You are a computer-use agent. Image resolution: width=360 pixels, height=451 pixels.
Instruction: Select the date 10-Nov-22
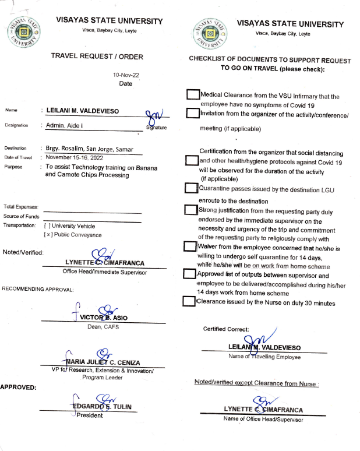pyautogui.click(x=125, y=75)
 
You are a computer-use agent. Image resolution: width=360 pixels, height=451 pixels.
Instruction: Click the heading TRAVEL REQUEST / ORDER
pyautogui.click(x=97, y=57)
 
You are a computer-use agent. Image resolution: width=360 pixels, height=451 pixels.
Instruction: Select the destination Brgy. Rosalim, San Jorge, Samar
pyautogui.click(x=94, y=149)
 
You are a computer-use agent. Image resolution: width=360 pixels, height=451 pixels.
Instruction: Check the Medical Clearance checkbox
pyautogui.click(x=192, y=95)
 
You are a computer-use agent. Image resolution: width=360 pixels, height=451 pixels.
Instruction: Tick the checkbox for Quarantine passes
pyautogui.click(x=190, y=188)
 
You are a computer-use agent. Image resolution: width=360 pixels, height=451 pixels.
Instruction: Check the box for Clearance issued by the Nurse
pyautogui.click(x=188, y=301)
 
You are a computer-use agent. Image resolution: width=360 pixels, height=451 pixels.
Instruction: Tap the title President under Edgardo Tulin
pyautogui.click(x=91, y=415)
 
